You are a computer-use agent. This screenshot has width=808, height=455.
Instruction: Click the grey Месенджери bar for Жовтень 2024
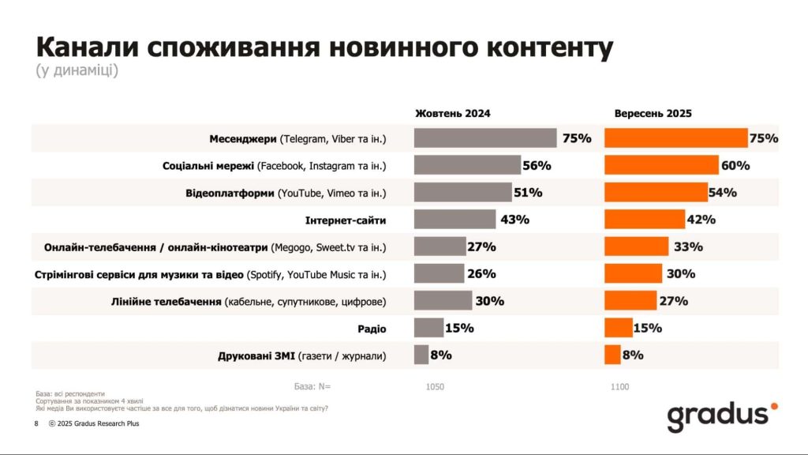[x=484, y=139]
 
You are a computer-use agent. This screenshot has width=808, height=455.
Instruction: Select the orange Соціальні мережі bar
[x=661, y=166]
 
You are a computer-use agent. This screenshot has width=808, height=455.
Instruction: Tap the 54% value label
[x=722, y=193]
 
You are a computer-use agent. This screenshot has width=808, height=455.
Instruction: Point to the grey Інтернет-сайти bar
[x=454, y=220]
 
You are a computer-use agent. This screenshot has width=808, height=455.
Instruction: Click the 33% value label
[x=688, y=246]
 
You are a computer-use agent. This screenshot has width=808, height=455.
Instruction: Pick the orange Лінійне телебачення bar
[x=630, y=301]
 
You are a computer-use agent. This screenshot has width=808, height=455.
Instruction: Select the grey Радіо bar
[x=428, y=328]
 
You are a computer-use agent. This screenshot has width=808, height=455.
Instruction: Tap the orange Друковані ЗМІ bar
[x=612, y=355]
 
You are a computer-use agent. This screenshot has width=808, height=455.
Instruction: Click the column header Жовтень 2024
[x=452, y=114]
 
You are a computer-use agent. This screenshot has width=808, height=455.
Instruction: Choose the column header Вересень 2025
[x=653, y=114]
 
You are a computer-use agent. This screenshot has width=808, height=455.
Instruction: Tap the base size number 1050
[x=435, y=387]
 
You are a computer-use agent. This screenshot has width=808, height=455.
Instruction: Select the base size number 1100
[x=619, y=387]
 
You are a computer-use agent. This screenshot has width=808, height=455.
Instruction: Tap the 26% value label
[x=481, y=274]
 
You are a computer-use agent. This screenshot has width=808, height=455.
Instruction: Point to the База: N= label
[x=312, y=387]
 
